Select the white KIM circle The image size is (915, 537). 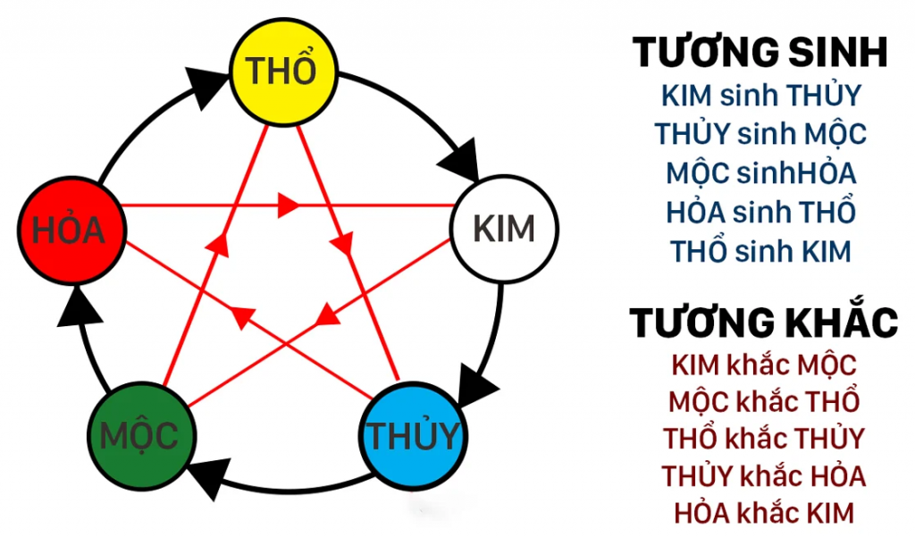point(504,229)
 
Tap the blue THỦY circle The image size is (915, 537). point(413,437)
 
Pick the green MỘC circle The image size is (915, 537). point(139,437)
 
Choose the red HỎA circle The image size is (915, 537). point(70,230)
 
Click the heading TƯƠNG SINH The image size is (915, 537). point(760,54)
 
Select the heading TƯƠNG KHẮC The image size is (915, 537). point(763,323)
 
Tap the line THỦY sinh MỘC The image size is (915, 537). point(760,134)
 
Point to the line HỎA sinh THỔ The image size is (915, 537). point(760,212)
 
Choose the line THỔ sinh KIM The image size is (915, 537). point(760,251)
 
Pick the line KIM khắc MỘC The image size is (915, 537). point(763,365)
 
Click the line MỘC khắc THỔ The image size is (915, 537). point(763,401)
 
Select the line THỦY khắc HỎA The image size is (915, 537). point(763,475)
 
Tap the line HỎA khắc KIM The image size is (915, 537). point(763,513)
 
